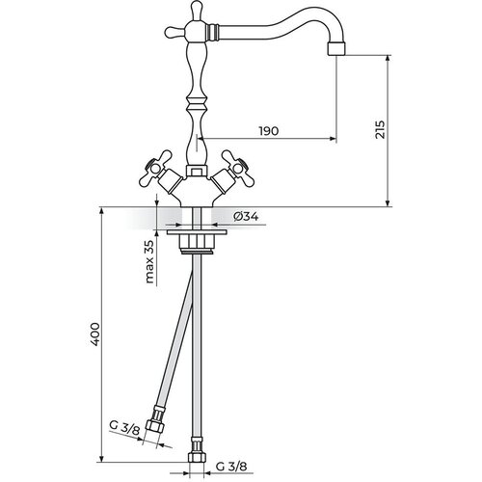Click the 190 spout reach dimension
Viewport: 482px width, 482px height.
coord(269,131)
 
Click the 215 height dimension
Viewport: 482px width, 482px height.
coord(380,129)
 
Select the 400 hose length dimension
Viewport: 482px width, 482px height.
coord(94,335)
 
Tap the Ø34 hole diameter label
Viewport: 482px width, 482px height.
coord(246,217)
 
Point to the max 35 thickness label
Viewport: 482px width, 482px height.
coord(149,262)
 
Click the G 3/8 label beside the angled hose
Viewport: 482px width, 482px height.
coord(124,428)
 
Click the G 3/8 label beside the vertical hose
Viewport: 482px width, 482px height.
coord(231,467)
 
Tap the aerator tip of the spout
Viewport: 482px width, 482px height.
coord(336,49)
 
